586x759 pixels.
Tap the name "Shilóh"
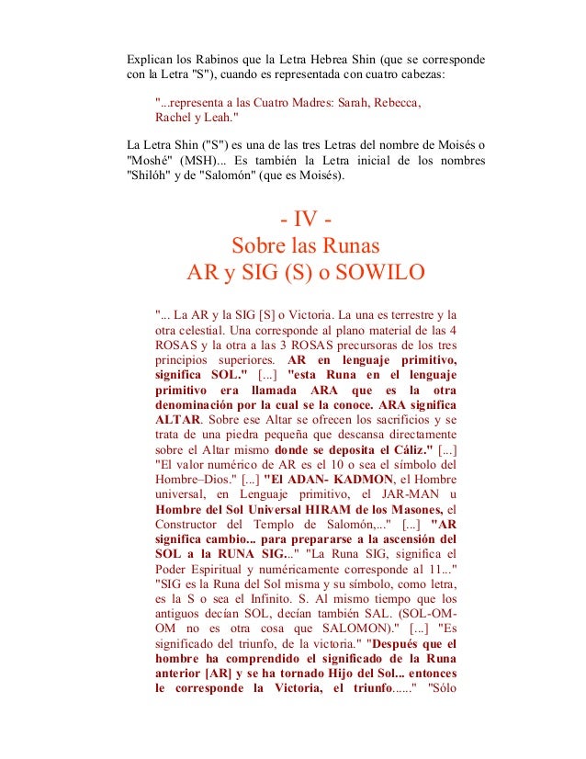point(151,177)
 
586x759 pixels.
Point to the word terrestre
point(415,314)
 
